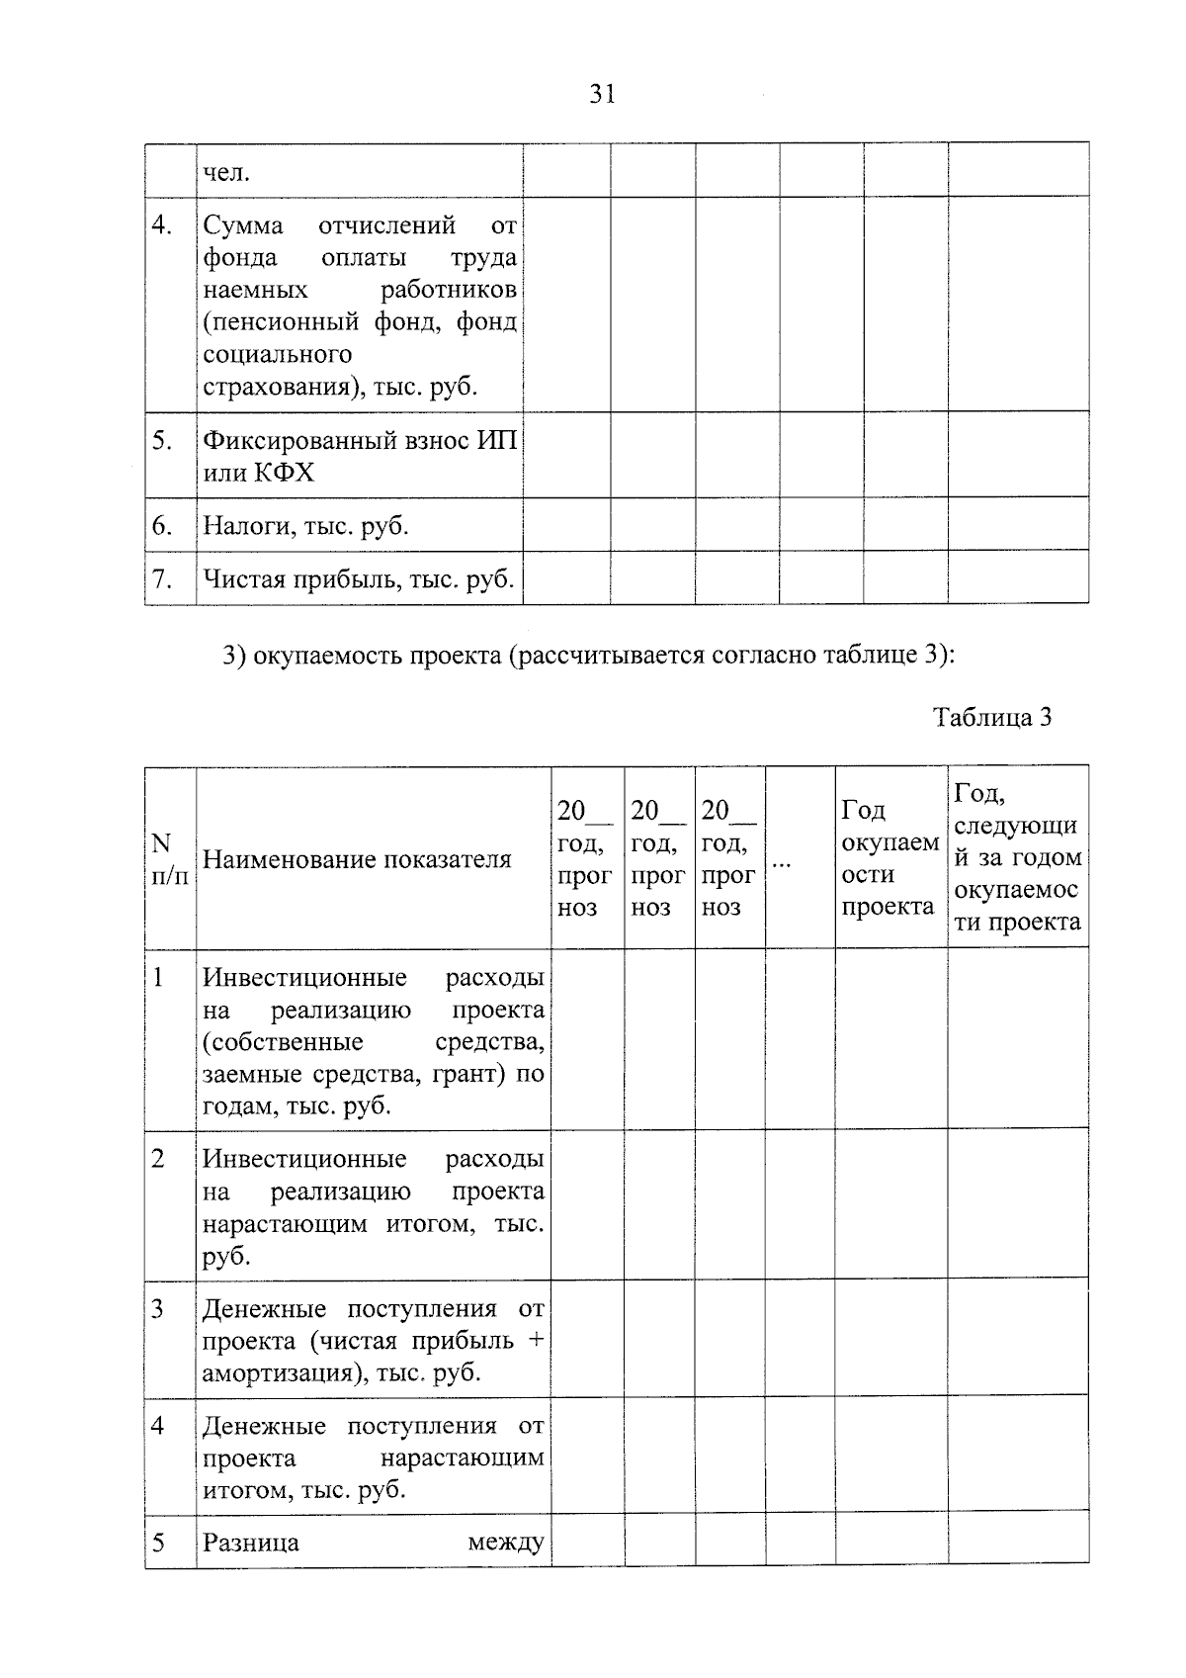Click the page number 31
(602, 95)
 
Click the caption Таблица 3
(991, 717)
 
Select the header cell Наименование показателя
(357, 859)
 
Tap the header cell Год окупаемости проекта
(889, 858)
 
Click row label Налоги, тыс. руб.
(305, 526)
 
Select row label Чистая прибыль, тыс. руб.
(358, 579)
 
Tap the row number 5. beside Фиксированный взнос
(162, 441)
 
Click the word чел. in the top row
(226, 174)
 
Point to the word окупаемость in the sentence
(324, 656)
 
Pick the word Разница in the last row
(250, 1544)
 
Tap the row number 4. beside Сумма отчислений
(162, 226)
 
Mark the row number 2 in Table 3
(158, 1159)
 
